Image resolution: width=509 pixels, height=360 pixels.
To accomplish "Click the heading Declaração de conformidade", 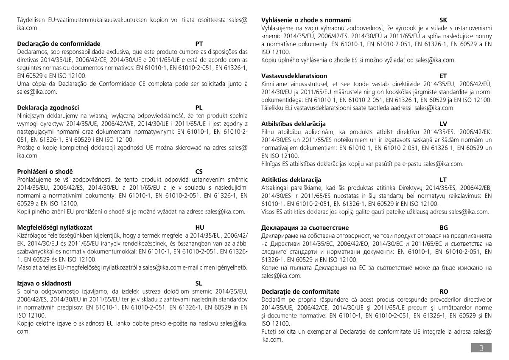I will (59, 44).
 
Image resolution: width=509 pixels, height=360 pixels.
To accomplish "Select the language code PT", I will (199, 44).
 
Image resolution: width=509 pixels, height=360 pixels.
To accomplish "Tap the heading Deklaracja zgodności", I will (48, 108).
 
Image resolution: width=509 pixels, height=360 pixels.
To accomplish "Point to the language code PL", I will (199, 108).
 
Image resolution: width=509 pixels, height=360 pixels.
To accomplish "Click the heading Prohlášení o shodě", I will (45, 172).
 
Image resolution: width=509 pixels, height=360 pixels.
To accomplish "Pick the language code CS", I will (199, 172).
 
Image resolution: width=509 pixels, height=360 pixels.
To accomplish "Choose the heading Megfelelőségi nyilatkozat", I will (55, 228).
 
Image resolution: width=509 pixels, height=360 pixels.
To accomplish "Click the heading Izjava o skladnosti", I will (44, 283).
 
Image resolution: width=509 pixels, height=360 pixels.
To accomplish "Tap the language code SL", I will (199, 283).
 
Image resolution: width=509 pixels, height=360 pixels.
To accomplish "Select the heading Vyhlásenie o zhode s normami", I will (306, 20).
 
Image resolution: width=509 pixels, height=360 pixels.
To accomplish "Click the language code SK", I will (444, 20).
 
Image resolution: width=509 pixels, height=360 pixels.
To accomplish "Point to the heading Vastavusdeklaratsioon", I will (294, 76).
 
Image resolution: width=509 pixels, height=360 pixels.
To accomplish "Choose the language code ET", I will (443, 76).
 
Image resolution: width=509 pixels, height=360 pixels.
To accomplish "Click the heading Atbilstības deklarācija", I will (294, 124).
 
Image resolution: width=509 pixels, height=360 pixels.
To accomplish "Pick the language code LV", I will (444, 124).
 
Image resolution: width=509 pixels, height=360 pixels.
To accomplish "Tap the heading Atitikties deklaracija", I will (291, 180).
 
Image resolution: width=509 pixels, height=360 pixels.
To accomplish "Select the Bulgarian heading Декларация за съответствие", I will (305, 228).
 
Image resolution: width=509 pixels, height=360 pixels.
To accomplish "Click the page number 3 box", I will (481, 348).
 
